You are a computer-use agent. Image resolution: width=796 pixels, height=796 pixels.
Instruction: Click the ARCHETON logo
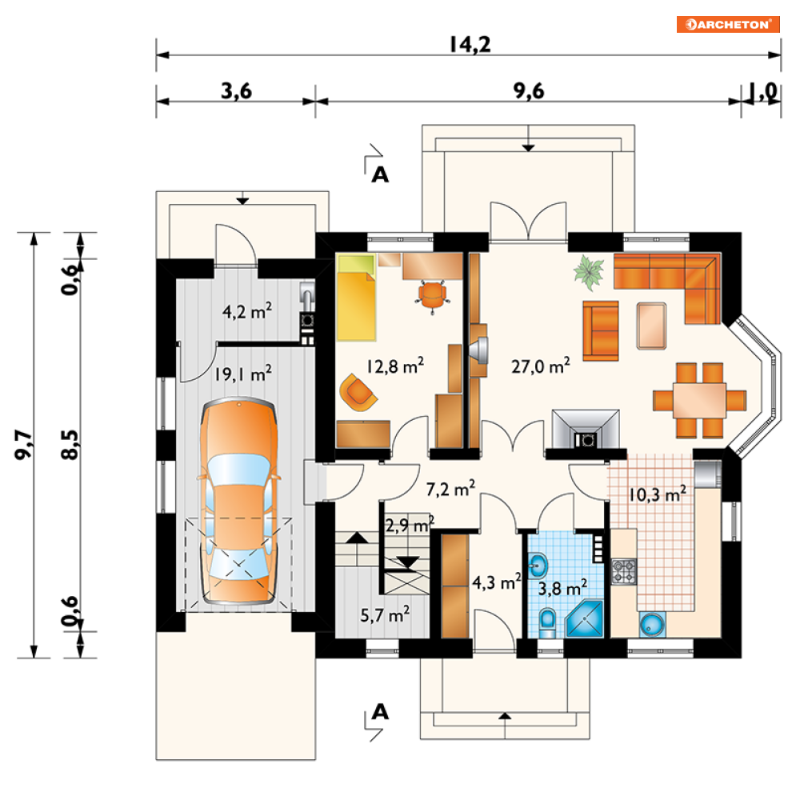[x=727, y=24]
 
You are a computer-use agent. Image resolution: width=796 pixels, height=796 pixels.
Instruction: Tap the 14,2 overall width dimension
[x=470, y=45]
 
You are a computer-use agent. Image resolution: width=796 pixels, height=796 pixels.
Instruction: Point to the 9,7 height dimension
[x=23, y=445]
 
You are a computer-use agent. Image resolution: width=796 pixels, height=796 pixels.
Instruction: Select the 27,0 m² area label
[x=541, y=366]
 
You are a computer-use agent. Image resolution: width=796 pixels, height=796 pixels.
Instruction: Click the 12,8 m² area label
[x=395, y=366]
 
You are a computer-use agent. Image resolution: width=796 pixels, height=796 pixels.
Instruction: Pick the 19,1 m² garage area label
[x=242, y=374]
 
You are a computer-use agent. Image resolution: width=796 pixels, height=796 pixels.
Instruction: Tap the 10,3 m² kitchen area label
[x=658, y=494]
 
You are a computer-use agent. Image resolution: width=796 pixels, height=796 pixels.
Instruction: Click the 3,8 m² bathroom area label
[x=562, y=587]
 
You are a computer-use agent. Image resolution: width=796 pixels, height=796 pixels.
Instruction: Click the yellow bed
[x=356, y=298]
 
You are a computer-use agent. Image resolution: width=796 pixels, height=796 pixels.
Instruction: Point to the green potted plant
[x=589, y=272]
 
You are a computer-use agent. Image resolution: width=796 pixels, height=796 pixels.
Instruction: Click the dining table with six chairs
[x=699, y=400]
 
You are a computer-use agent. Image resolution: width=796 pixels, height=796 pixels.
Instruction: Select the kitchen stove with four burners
[x=623, y=571]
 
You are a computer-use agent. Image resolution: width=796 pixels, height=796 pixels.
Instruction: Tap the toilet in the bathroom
[x=547, y=622]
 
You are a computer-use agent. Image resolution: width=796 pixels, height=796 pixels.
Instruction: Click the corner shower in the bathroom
[x=584, y=618]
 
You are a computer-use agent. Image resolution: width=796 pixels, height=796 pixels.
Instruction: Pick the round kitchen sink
[x=652, y=625]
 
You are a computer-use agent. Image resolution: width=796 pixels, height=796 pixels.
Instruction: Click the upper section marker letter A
[x=380, y=175]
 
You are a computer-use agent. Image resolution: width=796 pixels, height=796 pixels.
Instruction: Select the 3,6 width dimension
[x=236, y=91]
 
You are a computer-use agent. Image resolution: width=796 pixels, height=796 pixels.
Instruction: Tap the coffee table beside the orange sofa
[x=651, y=326]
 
